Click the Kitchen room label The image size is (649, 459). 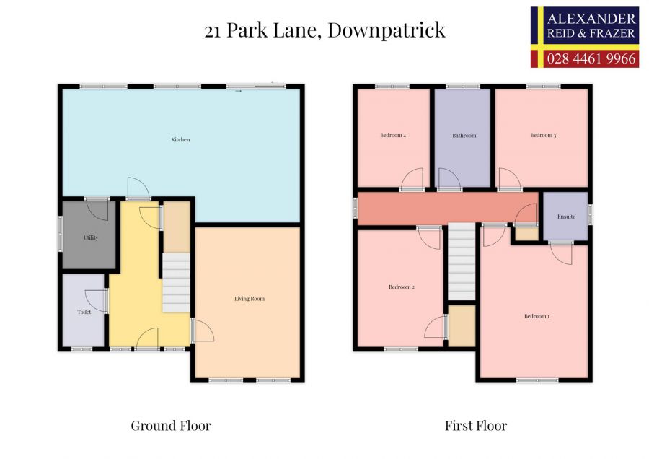180,139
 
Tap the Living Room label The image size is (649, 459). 249,298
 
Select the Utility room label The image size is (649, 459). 90,237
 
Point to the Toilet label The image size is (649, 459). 84,312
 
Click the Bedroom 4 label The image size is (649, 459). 393,136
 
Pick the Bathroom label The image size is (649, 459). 464,136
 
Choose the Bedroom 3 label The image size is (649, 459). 543,136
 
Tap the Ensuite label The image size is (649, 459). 566,217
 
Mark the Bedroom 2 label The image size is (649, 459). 402,287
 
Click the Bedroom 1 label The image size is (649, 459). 537,316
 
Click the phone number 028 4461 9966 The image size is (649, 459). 592,58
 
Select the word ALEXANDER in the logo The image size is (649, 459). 592,19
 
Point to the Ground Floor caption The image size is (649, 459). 170,426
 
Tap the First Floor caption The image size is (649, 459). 476,426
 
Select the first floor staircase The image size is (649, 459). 462,261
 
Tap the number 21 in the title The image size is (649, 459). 213,30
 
